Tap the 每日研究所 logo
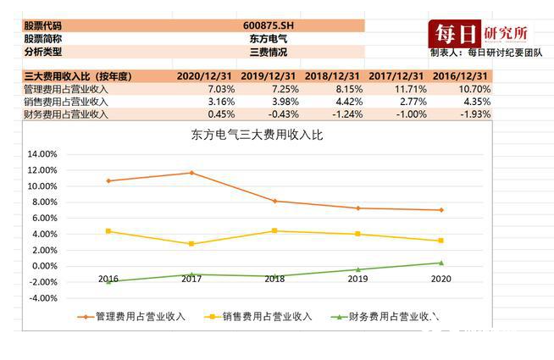coord(481,34)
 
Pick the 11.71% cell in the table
coord(400,89)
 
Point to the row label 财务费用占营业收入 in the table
coord(66,114)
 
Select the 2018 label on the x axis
coord(274,279)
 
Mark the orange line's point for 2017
coord(191,173)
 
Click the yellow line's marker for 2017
coord(191,244)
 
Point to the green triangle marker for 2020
coord(440,263)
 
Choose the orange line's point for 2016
coord(108,180)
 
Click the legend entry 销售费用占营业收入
coord(259,317)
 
